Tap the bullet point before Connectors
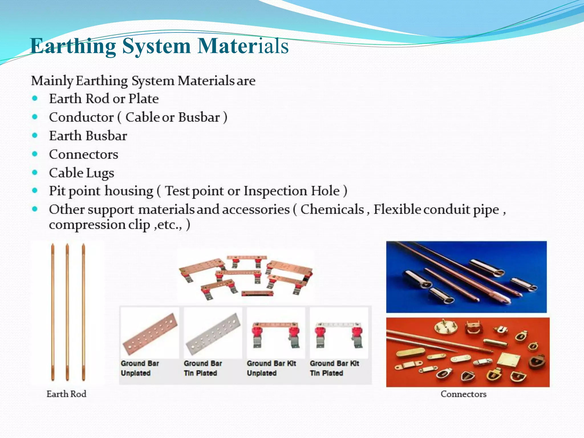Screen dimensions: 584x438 click(x=35, y=154)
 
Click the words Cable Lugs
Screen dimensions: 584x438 click(x=82, y=173)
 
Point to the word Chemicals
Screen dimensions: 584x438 click(x=332, y=209)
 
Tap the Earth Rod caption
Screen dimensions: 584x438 click(x=66, y=394)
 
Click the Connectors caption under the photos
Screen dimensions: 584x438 click(x=463, y=394)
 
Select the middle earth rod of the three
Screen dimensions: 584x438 click(x=67, y=312)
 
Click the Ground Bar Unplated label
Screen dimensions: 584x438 click(x=140, y=368)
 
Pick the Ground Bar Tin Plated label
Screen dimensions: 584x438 click(x=203, y=368)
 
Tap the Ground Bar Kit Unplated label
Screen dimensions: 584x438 click(x=271, y=368)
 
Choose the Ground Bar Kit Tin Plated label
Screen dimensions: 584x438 click(x=334, y=368)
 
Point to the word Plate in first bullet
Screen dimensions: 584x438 click(x=143, y=99)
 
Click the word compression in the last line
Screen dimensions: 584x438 click(x=87, y=225)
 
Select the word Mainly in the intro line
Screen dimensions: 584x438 click(x=52, y=81)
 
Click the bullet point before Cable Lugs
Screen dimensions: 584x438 click(x=35, y=173)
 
